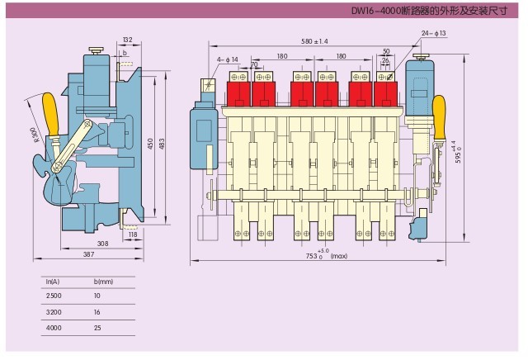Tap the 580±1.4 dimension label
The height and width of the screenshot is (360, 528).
click(314, 40)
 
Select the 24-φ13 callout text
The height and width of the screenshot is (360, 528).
click(433, 33)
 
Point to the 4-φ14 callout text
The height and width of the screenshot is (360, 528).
click(228, 59)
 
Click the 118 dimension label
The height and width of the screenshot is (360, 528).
click(132, 235)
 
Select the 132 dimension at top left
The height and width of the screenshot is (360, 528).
click(126, 40)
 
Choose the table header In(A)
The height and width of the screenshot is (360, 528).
click(53, 282)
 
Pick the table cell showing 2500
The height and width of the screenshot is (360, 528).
click(54, 296)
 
